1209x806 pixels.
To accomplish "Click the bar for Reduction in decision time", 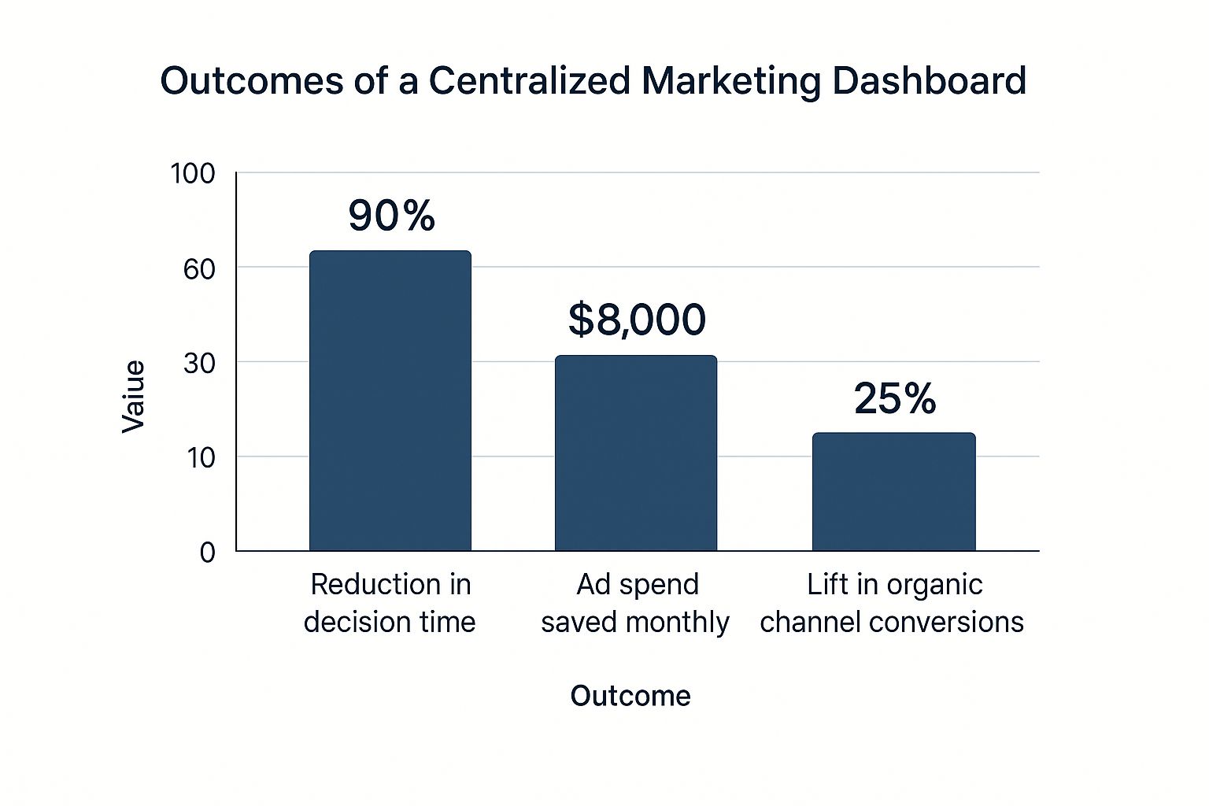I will click(390, 401).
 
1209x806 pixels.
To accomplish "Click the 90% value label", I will click(391, 216).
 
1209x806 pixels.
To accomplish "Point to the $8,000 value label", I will click(637, 320).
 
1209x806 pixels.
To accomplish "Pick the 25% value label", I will click(895, 398).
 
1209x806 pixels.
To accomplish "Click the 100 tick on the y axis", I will click(193, 173).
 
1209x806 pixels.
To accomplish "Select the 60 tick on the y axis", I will click(199, 269).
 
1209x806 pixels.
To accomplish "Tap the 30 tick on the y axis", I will click(199, 363).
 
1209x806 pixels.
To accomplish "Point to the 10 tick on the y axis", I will click(201, 457).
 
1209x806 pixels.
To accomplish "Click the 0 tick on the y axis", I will click(207, 553).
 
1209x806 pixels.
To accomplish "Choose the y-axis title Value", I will click(134, 396).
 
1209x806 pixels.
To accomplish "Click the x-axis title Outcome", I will click(630, 696).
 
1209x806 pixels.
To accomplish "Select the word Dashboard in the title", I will click(929, 80).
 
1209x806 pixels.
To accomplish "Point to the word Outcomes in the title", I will click(252, 80).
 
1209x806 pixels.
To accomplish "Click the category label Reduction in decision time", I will click(390, 603).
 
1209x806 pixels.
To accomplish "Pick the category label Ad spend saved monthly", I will click(636, 603).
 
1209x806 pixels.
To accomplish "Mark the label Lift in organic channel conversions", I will click(893, 603).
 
